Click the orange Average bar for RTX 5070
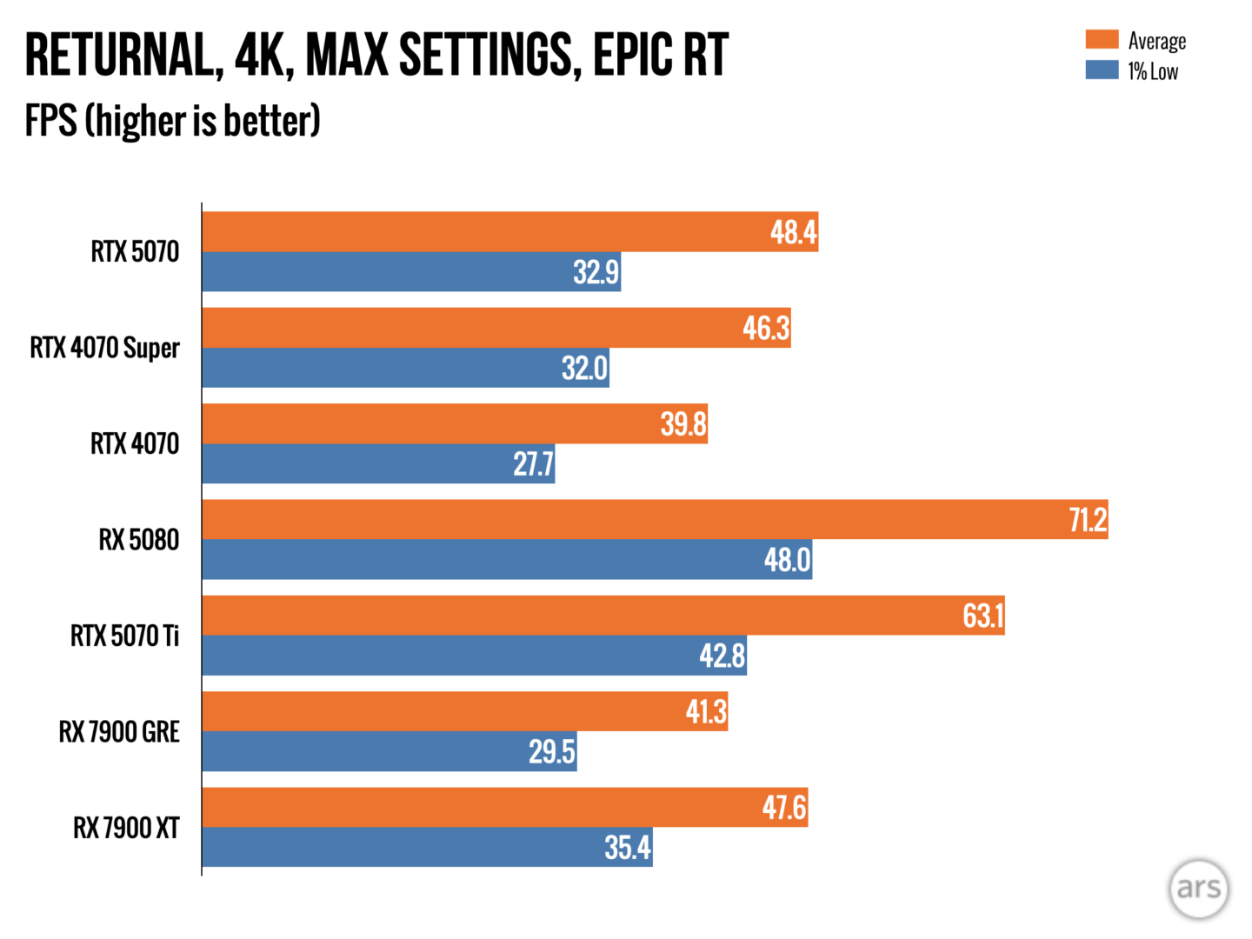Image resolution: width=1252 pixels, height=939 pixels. [x=487, y=232]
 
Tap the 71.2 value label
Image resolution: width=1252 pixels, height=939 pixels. [x=1087, y=520]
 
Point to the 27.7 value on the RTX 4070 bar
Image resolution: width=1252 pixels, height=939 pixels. [x=533, y=464]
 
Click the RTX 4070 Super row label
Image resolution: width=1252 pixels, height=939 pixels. [x=104, y=348]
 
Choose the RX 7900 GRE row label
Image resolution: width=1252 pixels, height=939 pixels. [x=119, y=732]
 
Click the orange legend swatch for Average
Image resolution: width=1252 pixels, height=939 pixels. [x=1102, y=40]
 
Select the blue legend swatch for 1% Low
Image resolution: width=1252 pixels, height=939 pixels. [x=1102, y=70]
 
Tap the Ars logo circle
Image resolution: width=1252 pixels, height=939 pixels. [x=1198, y=888]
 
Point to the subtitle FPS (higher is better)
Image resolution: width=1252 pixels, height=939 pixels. [x=172, y=121]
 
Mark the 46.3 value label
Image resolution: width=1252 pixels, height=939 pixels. [x=766, y=329]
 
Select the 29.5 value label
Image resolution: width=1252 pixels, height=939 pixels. [x=551, y=751]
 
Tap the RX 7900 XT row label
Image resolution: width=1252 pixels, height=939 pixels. [x=126, y=828]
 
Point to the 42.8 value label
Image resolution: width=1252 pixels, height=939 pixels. [x=722, y=656]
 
